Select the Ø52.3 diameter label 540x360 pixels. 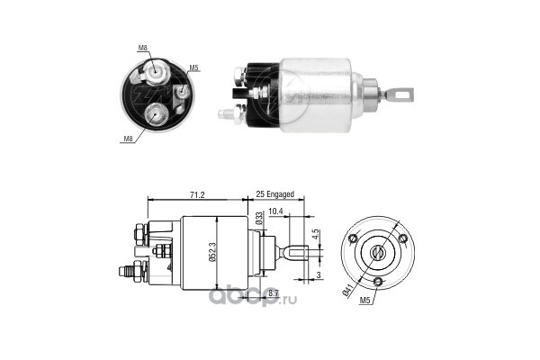tap(212, 251)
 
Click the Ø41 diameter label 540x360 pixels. tap(346, 290)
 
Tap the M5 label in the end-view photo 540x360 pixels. tap(193, 67)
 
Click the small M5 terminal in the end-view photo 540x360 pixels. tap(180, 91)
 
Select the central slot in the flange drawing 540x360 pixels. tap(374, 253)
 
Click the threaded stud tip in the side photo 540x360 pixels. tap(223, 114)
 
